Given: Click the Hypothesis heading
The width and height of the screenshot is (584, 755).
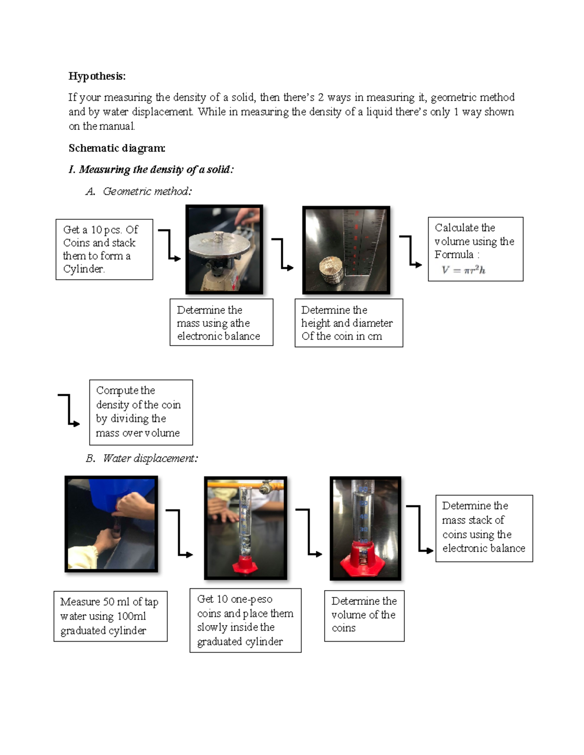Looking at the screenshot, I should pyautogui.click(x=97, y=76).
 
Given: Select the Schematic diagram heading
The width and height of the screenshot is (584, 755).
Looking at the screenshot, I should pyautogui.click(x=117, y=148).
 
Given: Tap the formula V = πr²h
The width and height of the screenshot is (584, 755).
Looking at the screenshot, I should pyautogui.click(x=463, y=270).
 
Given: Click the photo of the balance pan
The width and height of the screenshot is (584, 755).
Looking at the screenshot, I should pyautogui.click(x=224, y=249).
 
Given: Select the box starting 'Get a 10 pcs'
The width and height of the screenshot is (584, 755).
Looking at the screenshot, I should pyautogui.click(x=104, y=249).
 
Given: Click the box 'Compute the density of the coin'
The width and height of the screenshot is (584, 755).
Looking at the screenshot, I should pyautogui.click(x=141, y=412).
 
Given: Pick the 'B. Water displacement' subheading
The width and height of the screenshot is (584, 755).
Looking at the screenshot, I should pyautogui.click(x=142, y=458).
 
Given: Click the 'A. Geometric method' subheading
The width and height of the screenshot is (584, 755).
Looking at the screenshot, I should pyautogui.click(x=139, y=191).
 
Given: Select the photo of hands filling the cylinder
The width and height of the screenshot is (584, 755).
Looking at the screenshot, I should pyautogui.click(x=111, y=524).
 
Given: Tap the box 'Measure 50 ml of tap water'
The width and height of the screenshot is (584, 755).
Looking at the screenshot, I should pyautogui.click(x=110, y=616).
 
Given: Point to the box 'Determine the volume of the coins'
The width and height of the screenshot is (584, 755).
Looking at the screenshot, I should pyautogui.click(x=364, y=615).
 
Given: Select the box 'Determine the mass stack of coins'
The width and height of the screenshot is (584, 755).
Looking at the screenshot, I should pyautogui.click(x=484, y=527).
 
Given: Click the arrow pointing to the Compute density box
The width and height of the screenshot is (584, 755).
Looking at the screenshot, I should pyautogui.click(x=69, y=410).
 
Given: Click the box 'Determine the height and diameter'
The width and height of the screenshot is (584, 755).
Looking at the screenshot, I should pyautogui.click(x=348, y=323).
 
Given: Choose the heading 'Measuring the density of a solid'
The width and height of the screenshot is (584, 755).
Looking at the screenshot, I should pyautogui.click(x=151, y=169).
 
